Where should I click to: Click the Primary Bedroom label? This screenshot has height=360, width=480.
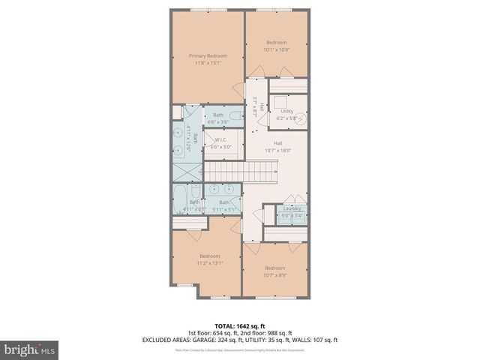(x=208, y=55)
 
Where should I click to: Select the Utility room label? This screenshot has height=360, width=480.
(x=287, y=111)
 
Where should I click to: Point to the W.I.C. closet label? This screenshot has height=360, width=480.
(x=220, y=140)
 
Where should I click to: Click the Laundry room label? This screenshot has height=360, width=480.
(x=292, y=208)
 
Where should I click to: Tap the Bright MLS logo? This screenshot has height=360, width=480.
(x=30, y=349)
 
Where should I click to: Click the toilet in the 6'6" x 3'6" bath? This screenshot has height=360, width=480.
(x=235, y=116)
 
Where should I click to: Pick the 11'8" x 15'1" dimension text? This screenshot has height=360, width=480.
(x=208, y=63)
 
